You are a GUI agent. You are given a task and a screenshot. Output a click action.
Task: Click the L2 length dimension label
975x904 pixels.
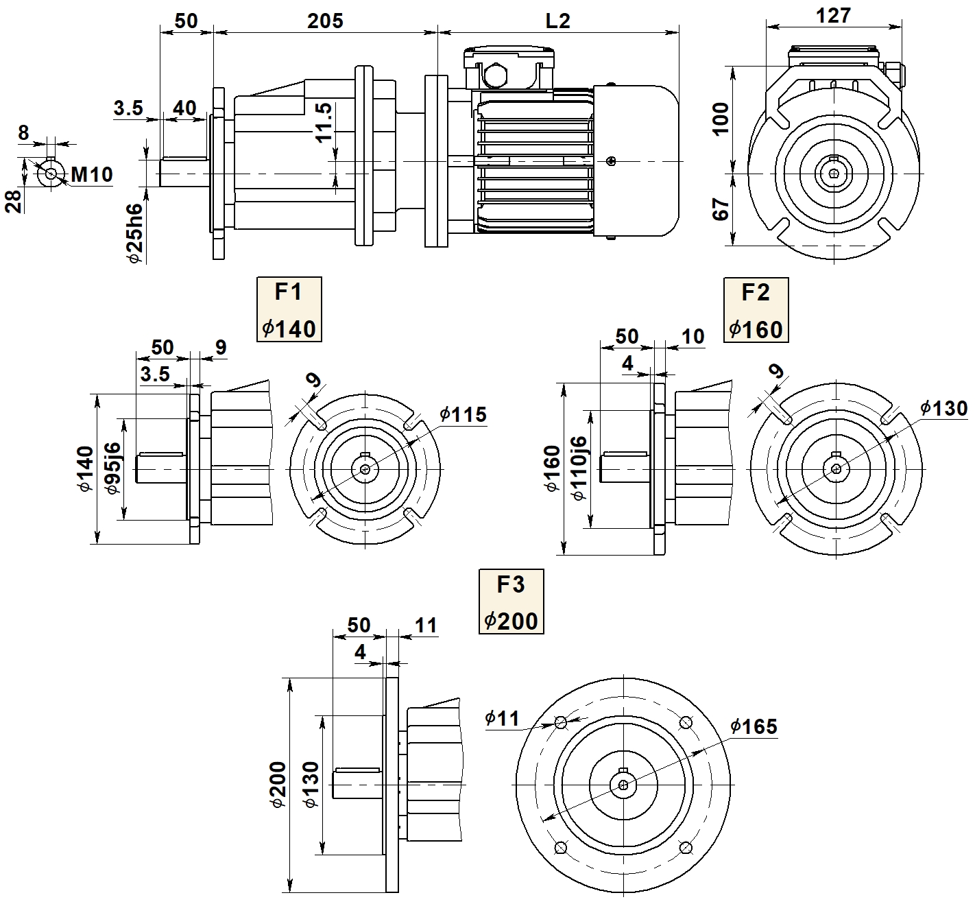click(x=557, y=21)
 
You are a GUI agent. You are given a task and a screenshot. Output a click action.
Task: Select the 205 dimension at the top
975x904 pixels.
click(x=325, y=21)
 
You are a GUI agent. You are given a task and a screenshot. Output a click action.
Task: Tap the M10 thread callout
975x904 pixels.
click(x=92, y=175)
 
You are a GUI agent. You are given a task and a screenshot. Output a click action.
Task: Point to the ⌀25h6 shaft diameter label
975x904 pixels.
click(x=135, y=233)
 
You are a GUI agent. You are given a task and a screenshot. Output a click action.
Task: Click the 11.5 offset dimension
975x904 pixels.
click(x=324, y=123)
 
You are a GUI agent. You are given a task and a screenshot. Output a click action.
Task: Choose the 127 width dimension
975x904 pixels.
click(x=833, y=16)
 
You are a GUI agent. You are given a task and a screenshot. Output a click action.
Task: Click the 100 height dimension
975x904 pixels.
click(x=721, y=119)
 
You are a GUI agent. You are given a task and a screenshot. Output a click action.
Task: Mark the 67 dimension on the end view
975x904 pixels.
click(x=721, y=209)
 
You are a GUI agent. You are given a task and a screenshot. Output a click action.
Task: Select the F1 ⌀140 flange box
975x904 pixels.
click(x=289, y=310)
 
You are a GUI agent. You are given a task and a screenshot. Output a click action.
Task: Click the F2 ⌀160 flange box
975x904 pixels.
click(x=756, y=310)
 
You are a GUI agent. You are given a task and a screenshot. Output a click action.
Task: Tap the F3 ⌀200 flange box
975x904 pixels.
click(x=511, y=602)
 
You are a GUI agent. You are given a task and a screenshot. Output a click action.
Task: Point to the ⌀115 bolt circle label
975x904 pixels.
click(x=463, y=414)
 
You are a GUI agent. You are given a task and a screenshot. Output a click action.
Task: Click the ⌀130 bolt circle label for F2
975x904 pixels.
click(x=943, y=409)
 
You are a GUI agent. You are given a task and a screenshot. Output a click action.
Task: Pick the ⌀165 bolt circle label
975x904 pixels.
click(x=754, y=726)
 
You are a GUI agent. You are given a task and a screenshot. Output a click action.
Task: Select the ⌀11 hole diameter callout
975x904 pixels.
click(x=502, y=718)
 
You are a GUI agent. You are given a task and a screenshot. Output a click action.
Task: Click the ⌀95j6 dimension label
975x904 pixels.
click(x=113, y=468)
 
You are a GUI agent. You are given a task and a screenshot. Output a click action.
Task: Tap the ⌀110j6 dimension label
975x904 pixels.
click(x=579, y=468)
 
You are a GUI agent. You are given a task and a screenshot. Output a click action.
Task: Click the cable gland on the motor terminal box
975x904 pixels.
click(x=494, y=73)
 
